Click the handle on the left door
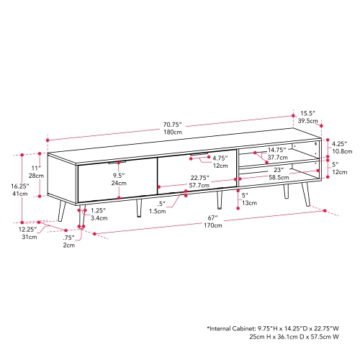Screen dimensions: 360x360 pos(114,163)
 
